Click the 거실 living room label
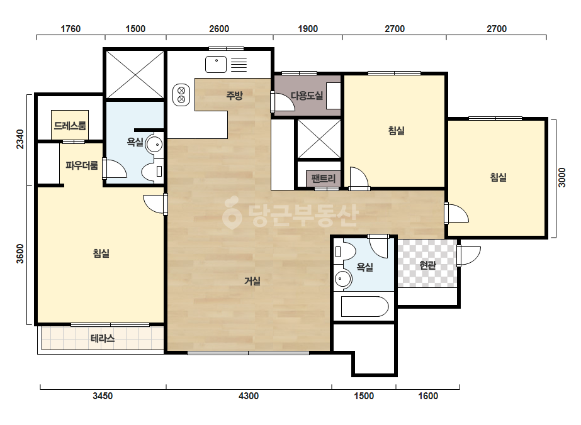252,281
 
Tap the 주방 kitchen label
234,96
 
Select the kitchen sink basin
216,64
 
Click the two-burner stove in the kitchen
181,95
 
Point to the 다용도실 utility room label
307,96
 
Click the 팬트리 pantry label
324,179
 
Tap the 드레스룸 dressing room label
70,126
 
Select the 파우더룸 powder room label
82,165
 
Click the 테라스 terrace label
103,338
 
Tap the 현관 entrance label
427,265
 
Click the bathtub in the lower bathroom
364,307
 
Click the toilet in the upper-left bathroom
153,172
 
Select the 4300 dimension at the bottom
248,396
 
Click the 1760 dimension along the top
71,29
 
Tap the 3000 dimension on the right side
561,178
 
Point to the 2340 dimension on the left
20,139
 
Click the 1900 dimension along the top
308,29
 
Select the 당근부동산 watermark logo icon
232,213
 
